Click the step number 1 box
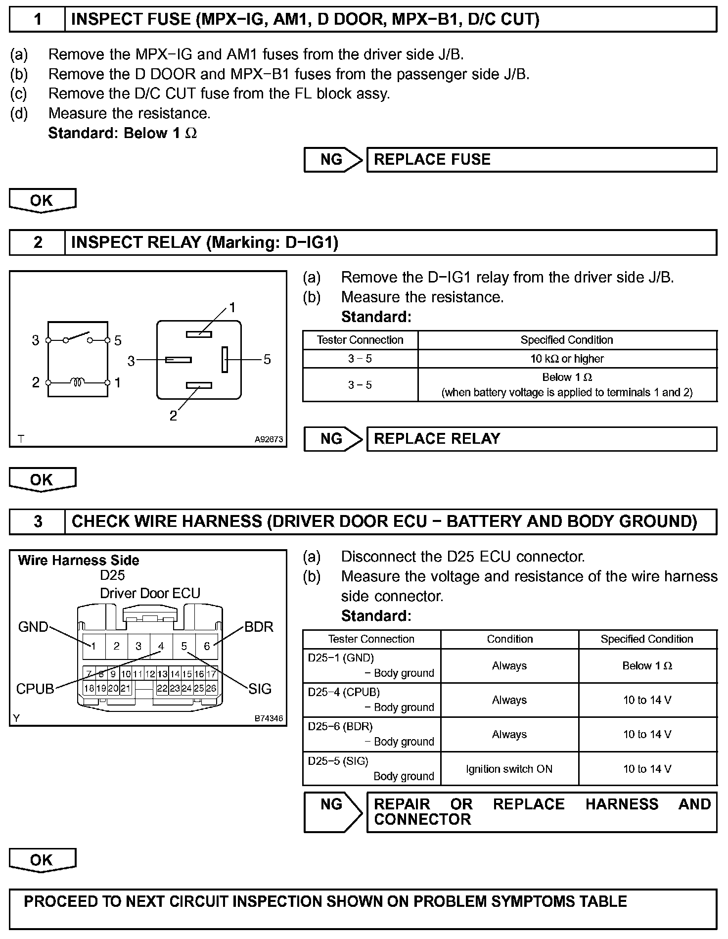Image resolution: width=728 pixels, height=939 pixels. click(38, 19)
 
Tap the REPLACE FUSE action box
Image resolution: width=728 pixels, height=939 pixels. click(542, 160)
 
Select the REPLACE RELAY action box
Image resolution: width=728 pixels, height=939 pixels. click(542, 439)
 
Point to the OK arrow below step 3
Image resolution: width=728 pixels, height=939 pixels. click(43, 860)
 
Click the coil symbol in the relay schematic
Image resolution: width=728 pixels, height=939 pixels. click(78, 382)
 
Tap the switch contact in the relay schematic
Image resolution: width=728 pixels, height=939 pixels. click(78, 337)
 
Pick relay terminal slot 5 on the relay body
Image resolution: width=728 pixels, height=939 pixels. click(225, 359)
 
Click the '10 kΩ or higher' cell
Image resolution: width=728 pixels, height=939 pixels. click(567, 359)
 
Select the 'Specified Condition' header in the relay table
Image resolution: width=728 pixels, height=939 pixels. click(567, 340)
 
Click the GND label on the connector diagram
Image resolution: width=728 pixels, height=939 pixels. click(33, 627)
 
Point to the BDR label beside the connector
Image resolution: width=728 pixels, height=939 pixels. click(259, 627)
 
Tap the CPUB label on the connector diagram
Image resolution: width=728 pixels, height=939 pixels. click(35, 689)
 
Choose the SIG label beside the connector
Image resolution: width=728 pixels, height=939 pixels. click(260, 689)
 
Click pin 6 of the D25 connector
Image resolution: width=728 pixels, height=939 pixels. click(207, 646)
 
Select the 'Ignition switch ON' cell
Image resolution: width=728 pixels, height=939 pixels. click(509, 769)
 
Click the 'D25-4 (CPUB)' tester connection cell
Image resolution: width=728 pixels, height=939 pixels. click(371, 700)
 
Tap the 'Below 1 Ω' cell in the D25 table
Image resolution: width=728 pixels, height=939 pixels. click(647, 666)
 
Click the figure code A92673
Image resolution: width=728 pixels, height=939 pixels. click(269, 439)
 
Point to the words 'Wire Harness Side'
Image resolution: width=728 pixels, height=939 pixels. click(78, 561)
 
